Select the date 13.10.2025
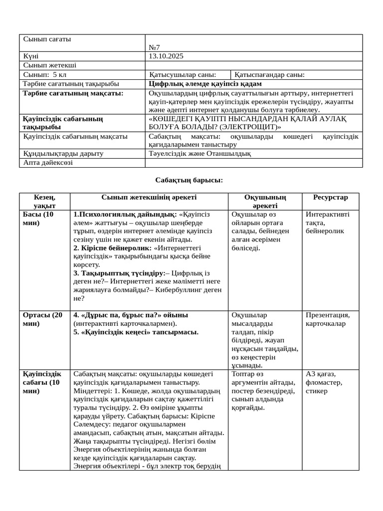pyautogui.click(x=167, y=56)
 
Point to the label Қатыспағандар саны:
pyautogui.click(x=269, y=75)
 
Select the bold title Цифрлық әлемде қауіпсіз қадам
pyautogui.click(x=205, y=84)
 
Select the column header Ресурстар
pyautogui.click(x=331, y=198)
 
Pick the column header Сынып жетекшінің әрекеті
pyautogui.click(x=149, y=198)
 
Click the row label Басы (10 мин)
pyautogui.click(x=39, y=219)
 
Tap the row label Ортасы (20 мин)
pyautogui.click(x=43, y=319)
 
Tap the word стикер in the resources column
pyautogui.click(x=317, y=391)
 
